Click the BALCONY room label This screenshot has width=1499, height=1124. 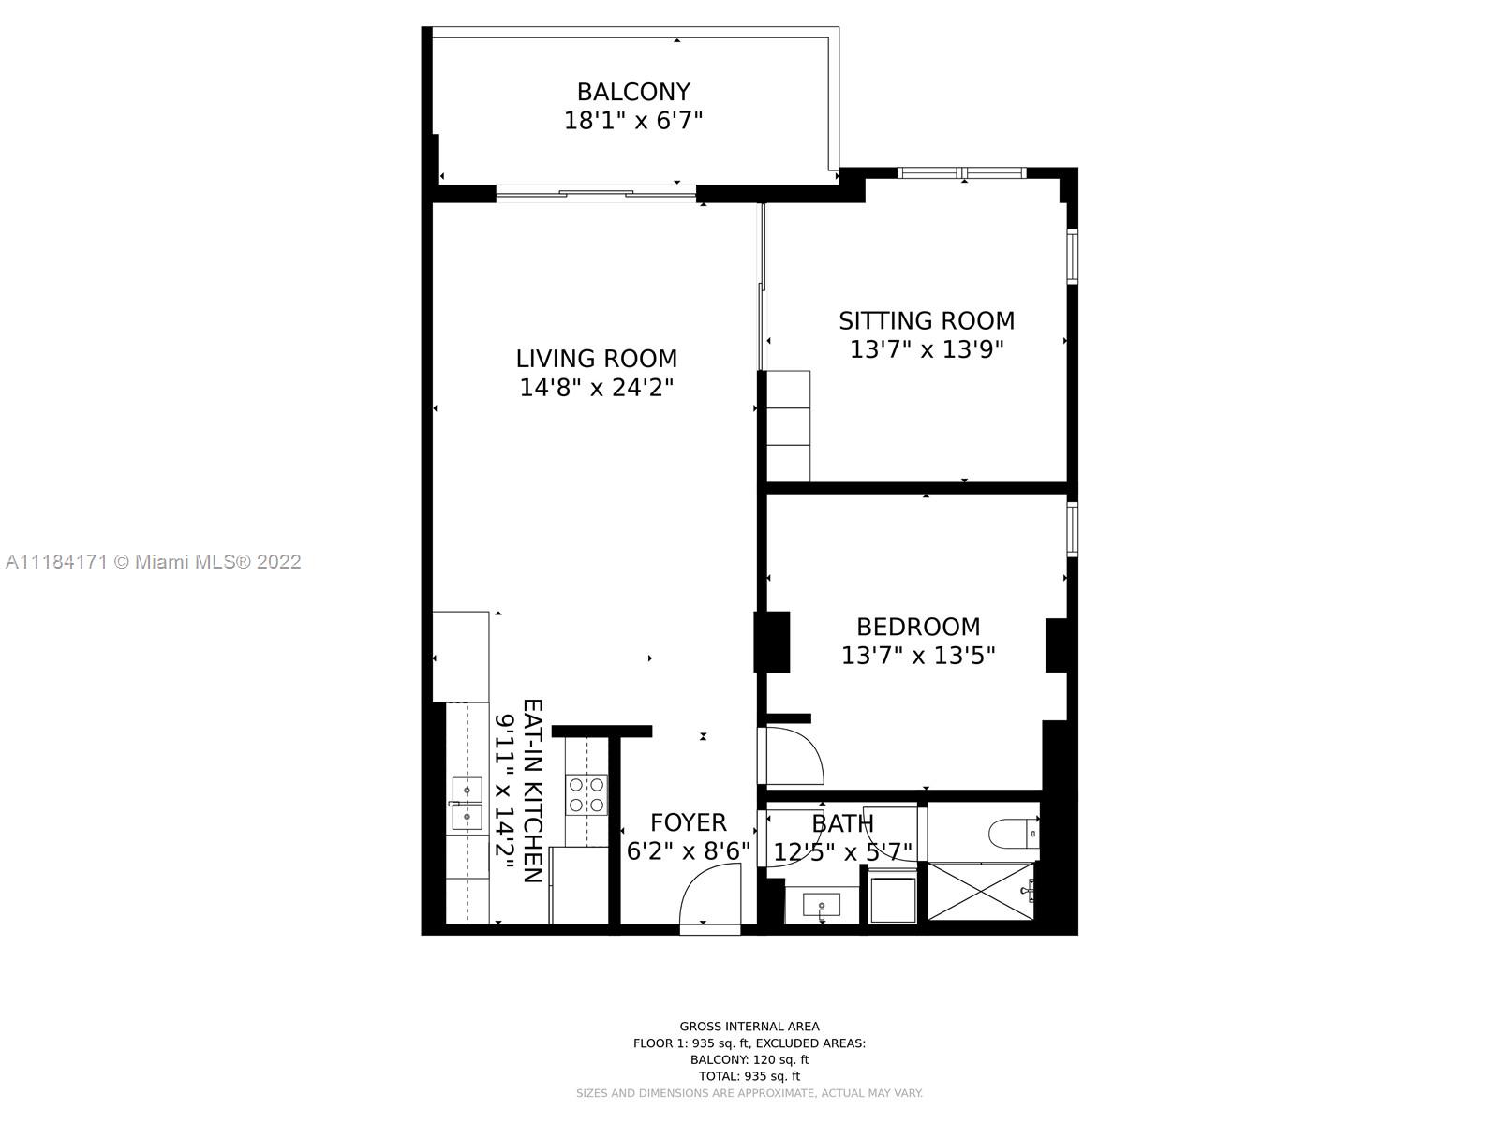pos(633,92)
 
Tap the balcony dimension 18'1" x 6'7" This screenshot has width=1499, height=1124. pos(633,121)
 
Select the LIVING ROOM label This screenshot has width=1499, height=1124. pos(596,359)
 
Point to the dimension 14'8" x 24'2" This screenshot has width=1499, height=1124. pos(596,388)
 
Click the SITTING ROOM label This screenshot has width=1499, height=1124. pos(926,320)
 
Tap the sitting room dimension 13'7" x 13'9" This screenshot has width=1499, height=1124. pos(926,349)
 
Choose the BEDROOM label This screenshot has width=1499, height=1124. pos(918,627)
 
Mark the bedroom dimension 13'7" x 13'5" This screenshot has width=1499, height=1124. pos(918,656)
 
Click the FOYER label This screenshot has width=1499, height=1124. pos(688,822)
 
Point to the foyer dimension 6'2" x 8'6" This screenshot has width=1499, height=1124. pos(688,851)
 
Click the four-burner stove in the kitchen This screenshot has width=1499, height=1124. pos(586,795)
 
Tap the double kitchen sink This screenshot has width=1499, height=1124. pos(467,804)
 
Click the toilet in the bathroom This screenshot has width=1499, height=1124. pos(1014,834)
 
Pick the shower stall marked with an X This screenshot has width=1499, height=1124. pos(981,891)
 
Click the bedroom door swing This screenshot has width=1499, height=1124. pos(794,756)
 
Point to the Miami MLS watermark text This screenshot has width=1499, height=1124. pos(153,562)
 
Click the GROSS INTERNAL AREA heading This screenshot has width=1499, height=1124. pos(749,1027)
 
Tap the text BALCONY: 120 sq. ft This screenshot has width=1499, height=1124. pos(749,1060)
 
